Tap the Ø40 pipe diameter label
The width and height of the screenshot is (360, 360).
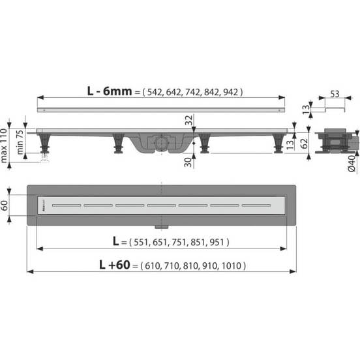352,162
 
